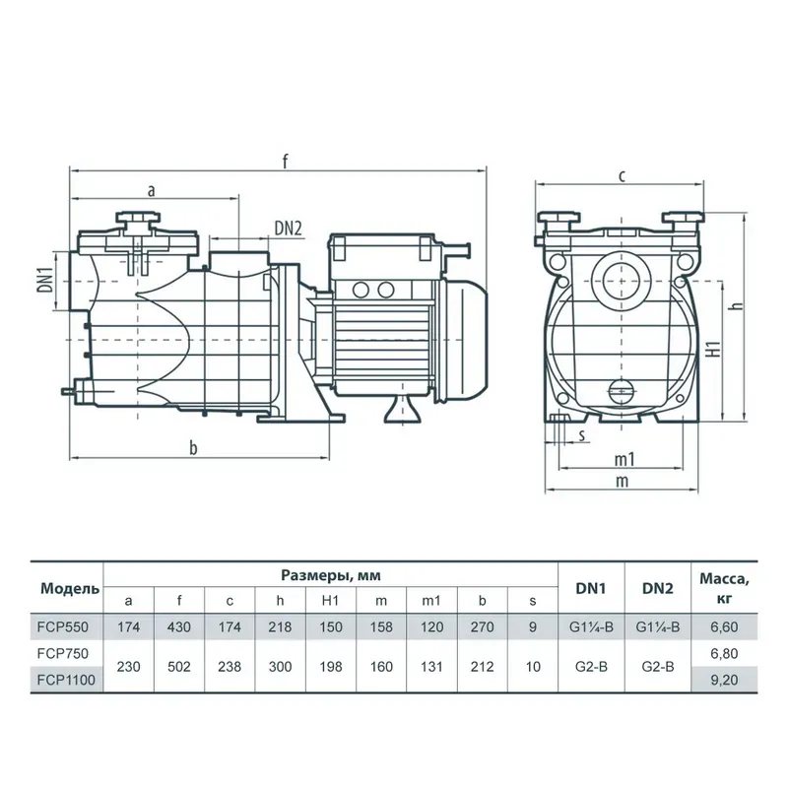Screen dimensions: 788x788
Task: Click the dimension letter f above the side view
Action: pos(284,161)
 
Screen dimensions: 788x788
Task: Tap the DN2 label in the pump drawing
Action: pos(288,229)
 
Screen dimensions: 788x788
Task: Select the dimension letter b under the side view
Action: pos(193,448)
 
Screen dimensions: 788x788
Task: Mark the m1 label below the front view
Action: pos(623,461)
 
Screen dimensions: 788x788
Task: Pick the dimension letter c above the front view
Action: pos(623,176)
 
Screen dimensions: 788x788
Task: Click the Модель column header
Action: pos(69,589)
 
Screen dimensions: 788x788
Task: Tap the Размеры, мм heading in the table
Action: pos(331,575)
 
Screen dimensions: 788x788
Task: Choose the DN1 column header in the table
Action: pos(593,588)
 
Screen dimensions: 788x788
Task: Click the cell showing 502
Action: pos(180,667)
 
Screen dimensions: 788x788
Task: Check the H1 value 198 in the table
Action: pos(331,667)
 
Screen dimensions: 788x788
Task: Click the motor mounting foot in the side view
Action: pos(400,409)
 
